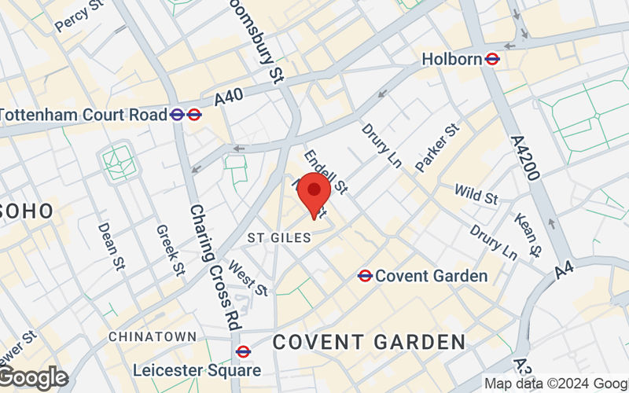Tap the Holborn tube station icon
click(493, 59)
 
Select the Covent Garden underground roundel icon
click(365, 276)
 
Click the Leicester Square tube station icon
click(243, 352)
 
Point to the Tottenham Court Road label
click(83, 115)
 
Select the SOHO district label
click(27, 211)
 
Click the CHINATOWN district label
click(153, 336)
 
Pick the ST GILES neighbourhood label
click(279, 237)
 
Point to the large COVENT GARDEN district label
click(369, 343)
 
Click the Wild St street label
click(476, 193)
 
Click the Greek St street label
click(170, 251)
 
